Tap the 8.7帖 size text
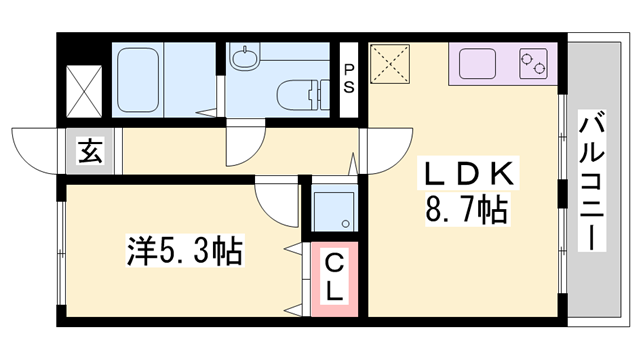pyautogui.click(x=466, y=211)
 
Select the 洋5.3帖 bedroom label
pyautogui.click(x=184, y=250)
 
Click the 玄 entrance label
pyautogui.click(x=89, y=152)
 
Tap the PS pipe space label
pyautogui.click(x=349, y=78)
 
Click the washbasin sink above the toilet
pyautogui.click(x=245, y=58)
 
